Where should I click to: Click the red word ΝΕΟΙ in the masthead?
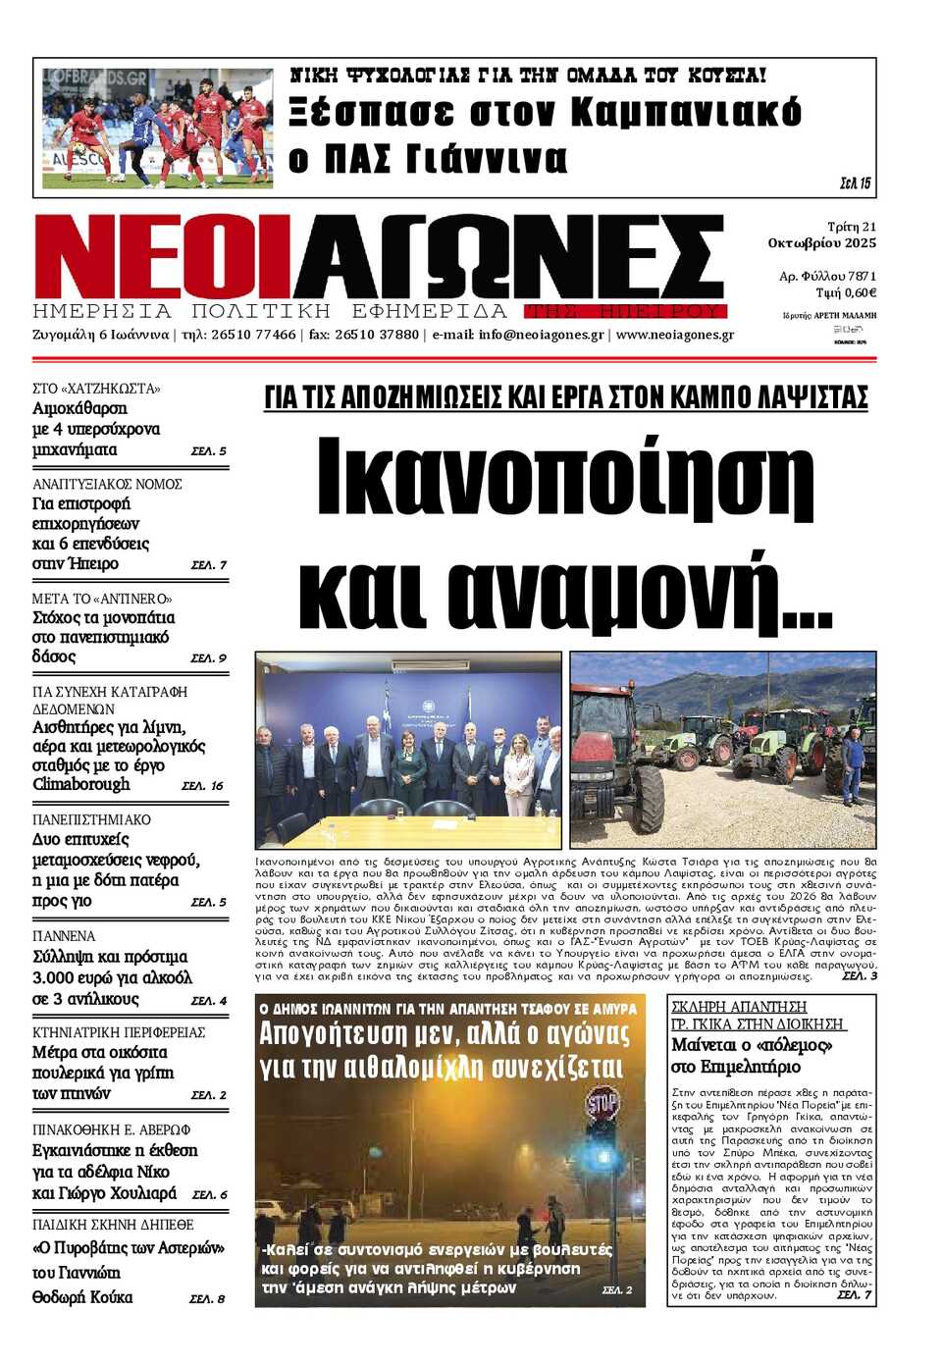pos(162,255)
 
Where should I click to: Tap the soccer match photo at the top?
pos(157,128)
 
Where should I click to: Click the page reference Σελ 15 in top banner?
pos(855,184)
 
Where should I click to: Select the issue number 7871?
pos(862,277)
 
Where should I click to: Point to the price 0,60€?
pos(860,293)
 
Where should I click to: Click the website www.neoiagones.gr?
pos(674,335)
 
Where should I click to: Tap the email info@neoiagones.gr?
pos(541,335)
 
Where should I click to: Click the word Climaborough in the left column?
pos(81,784)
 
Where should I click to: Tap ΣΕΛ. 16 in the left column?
pos(203,786)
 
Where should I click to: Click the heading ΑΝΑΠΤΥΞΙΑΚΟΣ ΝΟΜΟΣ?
pos(107,484)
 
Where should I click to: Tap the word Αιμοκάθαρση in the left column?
pos(79,408)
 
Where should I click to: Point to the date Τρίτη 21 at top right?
pos(851,227)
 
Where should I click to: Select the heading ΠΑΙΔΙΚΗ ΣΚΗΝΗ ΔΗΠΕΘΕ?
pos(113,1225)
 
